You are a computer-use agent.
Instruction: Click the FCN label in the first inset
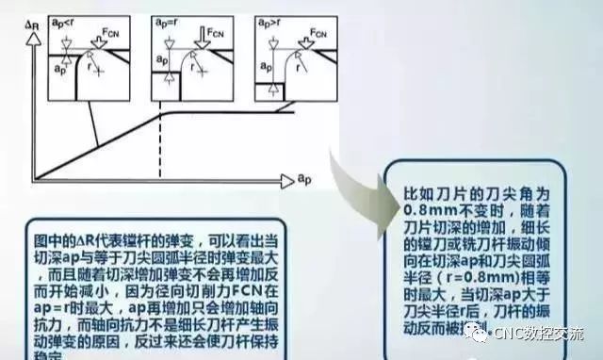[x=115, y=30]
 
